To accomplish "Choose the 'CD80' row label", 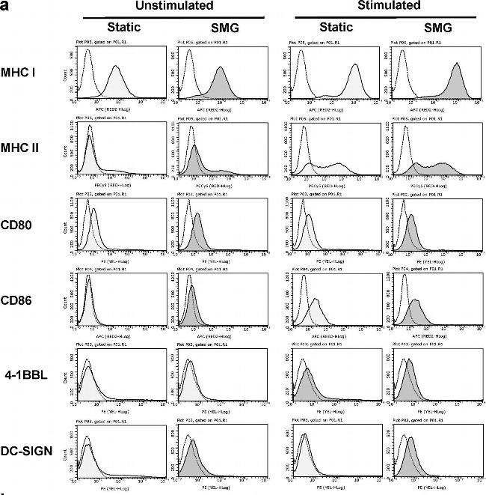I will click(x=25, y=223).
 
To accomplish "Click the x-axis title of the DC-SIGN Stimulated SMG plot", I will click(x=426, y=488).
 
